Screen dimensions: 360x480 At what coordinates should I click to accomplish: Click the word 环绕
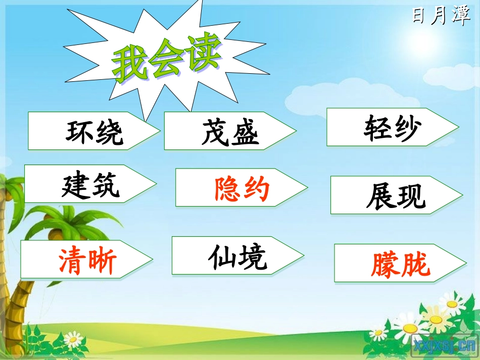tap(94, 133)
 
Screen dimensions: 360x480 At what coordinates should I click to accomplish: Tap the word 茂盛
tap(230, 133)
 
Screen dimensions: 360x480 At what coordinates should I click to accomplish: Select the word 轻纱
tap(392, 129)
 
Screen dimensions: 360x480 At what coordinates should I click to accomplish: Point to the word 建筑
tap(91, 185)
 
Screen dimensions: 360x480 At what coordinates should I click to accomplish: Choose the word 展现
tap(396, 196)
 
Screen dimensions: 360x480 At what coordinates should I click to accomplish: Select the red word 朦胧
tap(400, 265)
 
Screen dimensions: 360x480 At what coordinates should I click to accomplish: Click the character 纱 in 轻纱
tap(407, 129)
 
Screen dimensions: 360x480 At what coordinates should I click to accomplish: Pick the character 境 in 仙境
tap(253, 258)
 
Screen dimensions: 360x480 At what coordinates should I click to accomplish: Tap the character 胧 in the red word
tap(415, 265)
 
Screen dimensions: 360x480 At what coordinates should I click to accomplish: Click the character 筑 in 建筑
tap(106, 185)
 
